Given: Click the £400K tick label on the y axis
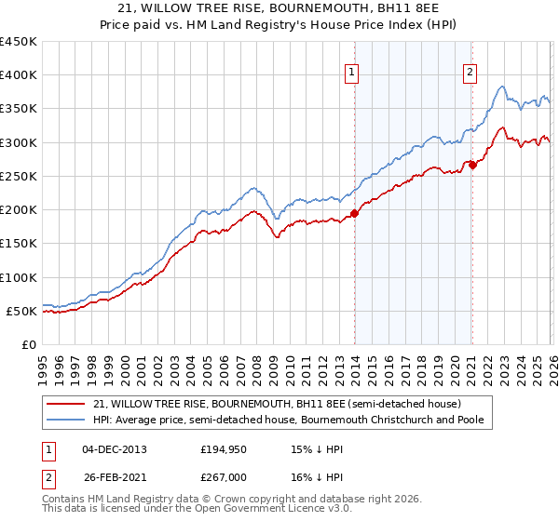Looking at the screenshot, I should tap(19, 75).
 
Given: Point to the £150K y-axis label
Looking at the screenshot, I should tap(19, 244).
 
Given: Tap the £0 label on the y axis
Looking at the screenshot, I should tap(29, 345).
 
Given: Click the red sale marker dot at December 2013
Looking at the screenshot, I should tap(355, 213).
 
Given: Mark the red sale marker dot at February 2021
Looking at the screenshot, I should tap(472, 165).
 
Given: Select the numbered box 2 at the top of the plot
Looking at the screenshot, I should tap(470, 73).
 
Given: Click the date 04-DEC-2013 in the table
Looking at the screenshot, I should tap(114, 448).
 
